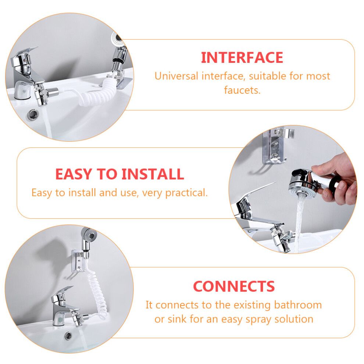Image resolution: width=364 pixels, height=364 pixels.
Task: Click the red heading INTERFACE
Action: click(x=242, y=58)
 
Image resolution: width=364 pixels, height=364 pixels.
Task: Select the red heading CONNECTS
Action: click(x=234, y=286)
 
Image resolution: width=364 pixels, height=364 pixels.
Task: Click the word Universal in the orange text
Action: click(x=176, y=76)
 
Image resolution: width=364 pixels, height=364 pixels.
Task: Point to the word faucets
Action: click(x=242, y=90)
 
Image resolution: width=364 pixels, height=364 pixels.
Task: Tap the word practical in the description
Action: click(x=186, y=193)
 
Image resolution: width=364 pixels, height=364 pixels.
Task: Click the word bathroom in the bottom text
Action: click(x=298, y=305)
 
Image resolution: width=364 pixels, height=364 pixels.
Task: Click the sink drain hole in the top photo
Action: click(x=33, y=115)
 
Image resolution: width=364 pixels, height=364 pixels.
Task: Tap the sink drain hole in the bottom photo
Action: click(x=68, y=336)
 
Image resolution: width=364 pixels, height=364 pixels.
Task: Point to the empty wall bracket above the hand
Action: click(x=277, y=146)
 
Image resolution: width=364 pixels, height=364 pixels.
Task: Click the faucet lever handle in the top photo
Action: click(x=24, y=56)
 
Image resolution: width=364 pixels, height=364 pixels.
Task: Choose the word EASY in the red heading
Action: click(x=74, y=174)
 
